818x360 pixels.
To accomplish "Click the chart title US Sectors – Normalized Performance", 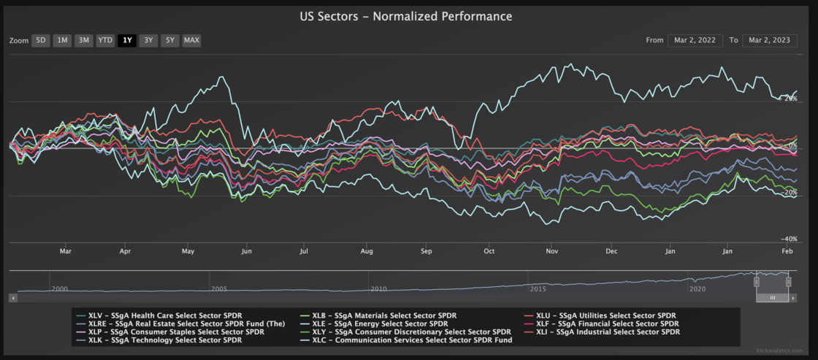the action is tap(406, 17).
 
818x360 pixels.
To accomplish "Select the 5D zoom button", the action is tap(41, 41).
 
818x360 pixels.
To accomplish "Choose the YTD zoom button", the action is tap(105, 41).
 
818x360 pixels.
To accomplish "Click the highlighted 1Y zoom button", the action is tap(127, 41).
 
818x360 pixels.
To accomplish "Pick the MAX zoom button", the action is tap(191, 41).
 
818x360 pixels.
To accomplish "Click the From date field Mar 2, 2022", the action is tap(695, 41).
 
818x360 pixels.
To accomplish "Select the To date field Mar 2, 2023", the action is tap(770, 41).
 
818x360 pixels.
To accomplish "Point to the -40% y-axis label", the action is tap(789, 239).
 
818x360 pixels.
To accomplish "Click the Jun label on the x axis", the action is tap(247, 251).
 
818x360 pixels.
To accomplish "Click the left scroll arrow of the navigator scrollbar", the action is tap(14, 298).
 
